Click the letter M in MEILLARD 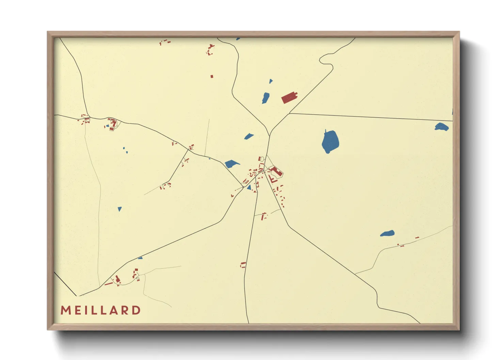(x=66, y=310)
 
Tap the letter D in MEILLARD (x=137, y=310)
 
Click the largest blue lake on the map (x=330, y=142)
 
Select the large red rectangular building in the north (x=289, y=97)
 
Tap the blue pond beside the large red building (x=266, y=98)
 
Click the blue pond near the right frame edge (x=442, y=127)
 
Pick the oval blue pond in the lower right (x=388, y=234)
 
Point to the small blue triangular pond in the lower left (x=120, y=209)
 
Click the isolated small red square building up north (x=212, y=77)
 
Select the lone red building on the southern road (x=243, y=265)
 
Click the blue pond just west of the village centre (x=232, y=164)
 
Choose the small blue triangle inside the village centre (x=249, y=187)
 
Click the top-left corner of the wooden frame (x=48, y=32)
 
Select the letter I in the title (x=86, y=310)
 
